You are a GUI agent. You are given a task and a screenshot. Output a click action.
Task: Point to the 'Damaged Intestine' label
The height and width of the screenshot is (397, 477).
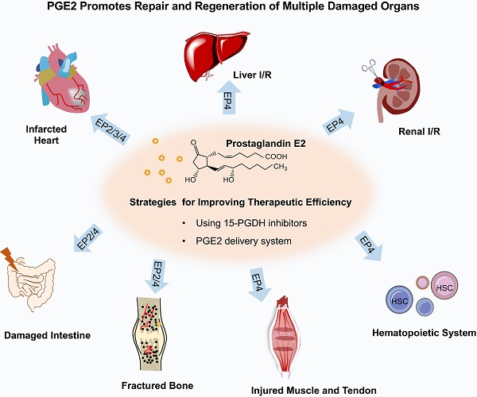point(46,335)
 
